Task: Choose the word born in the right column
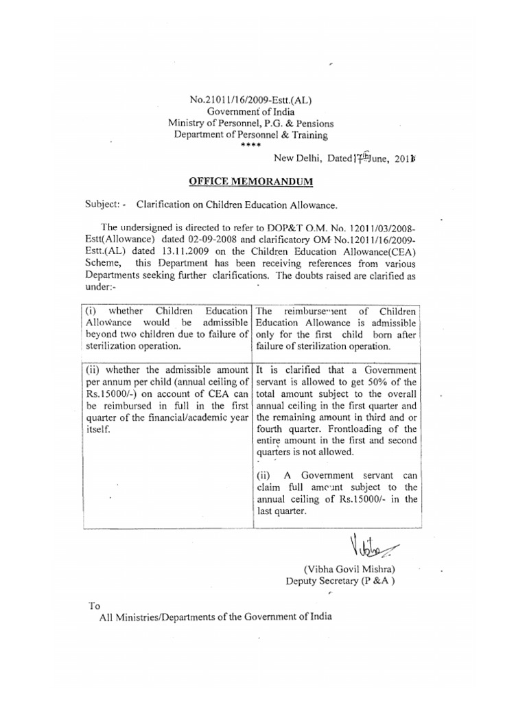[x=390, y=334]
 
